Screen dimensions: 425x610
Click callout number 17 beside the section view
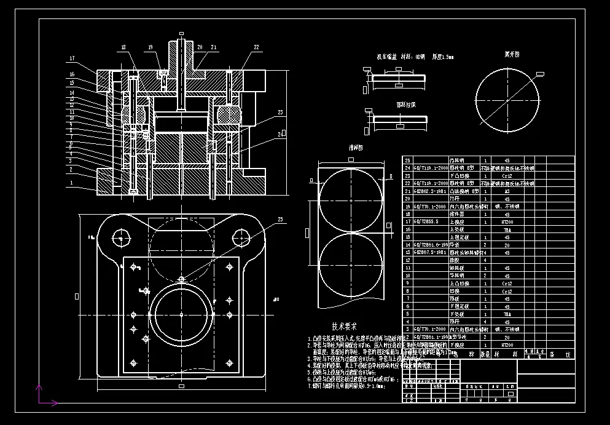click(72, 59)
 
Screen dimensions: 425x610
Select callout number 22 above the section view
click(256, 47)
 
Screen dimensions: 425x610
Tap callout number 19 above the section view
click(151, 47)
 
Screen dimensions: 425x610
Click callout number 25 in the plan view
click(281, 220)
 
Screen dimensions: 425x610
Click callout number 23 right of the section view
click(280, 113)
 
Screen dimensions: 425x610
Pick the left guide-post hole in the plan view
click(121, 237)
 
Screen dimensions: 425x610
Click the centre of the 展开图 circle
click(507, 99)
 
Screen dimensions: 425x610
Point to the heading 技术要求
click(344, 327)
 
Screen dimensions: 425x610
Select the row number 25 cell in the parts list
click(407, 160)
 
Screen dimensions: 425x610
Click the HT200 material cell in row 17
click(507, 221)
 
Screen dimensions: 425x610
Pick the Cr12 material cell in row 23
click(507, 175)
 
